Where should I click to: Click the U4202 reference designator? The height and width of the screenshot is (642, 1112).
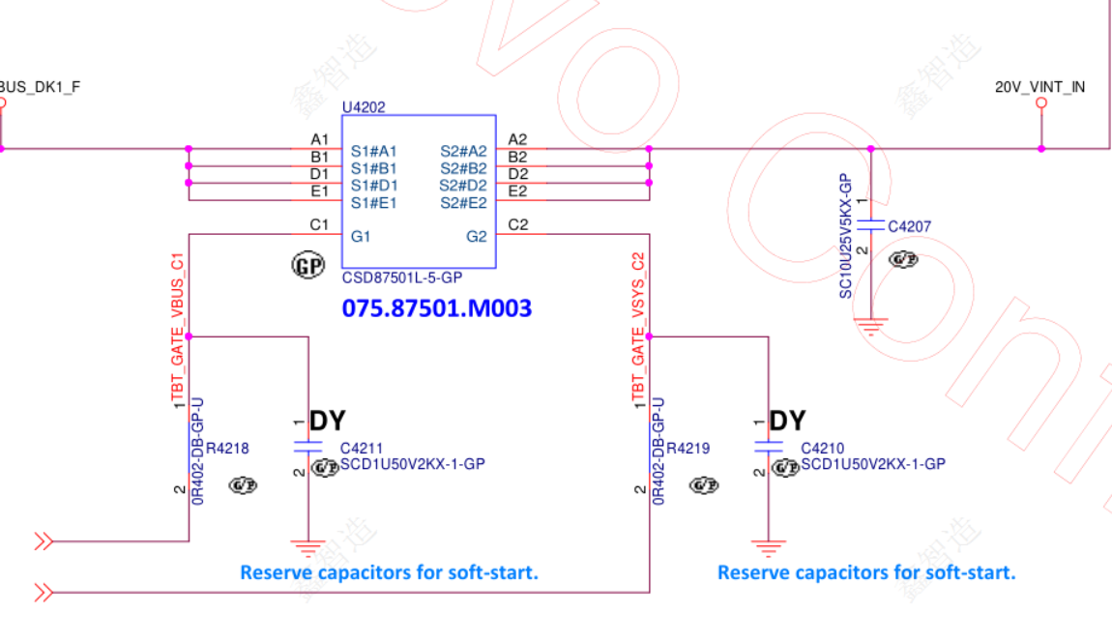(363, 107)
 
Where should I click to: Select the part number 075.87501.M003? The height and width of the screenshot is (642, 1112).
(436, 308)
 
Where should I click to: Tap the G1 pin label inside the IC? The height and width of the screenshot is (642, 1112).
(361, 236)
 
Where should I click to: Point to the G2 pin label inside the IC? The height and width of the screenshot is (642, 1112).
(477, 236)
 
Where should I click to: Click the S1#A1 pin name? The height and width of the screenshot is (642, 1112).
(373, 151)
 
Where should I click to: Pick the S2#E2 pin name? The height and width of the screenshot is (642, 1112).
(463, 203)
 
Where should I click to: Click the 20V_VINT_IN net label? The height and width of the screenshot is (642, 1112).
(1039, 87)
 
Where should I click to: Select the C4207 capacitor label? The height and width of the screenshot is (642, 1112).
(909, 227)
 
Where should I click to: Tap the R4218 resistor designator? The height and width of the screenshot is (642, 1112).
(227, 449)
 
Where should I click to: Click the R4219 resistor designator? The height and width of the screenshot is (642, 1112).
(688, 449)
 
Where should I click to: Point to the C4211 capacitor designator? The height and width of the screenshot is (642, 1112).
(362, 449)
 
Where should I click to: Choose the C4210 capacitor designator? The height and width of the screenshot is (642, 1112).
(823, 449)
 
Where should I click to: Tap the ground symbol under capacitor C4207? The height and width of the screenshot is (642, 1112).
(871, 327)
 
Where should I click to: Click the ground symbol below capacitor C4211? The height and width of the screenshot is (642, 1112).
(308, 549)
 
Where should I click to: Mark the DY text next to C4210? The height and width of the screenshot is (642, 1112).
(787, 422)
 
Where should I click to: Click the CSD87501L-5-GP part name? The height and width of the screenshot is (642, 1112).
(402, 277)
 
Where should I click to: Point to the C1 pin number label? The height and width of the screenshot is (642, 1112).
(319, 224)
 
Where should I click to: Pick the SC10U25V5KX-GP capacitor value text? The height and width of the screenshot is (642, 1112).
(845, 236)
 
